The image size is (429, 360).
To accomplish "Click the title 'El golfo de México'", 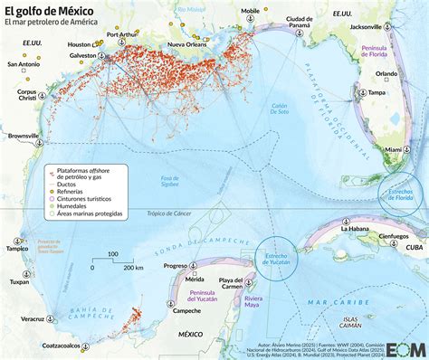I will coord(55,10).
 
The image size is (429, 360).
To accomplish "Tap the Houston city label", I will coord(80,44).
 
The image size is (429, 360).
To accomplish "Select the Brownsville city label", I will coord(24,137).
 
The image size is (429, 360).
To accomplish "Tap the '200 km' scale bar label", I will coord(133,269).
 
